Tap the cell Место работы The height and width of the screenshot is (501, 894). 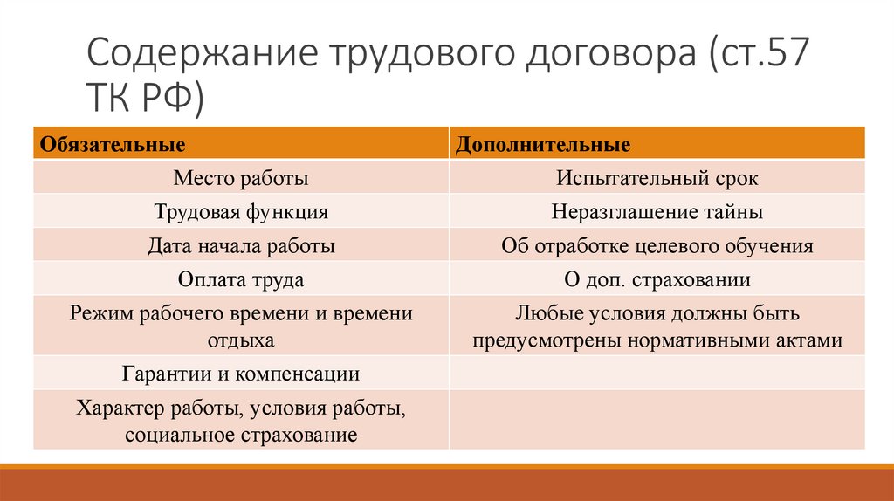tap(241, 179)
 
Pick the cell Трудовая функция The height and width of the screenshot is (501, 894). tap(241, 212)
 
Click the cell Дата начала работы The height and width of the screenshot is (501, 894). tap(241, 246)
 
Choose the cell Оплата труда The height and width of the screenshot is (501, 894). tap(241, 280)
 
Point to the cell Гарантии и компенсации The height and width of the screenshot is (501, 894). tap(241, 374)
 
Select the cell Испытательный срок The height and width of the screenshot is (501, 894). tap(657, 179)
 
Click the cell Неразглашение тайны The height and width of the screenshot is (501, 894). tap(657, 212)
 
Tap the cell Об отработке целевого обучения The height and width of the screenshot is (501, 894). tap(657, 246)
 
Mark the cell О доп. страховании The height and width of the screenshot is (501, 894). tap(657, 280)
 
